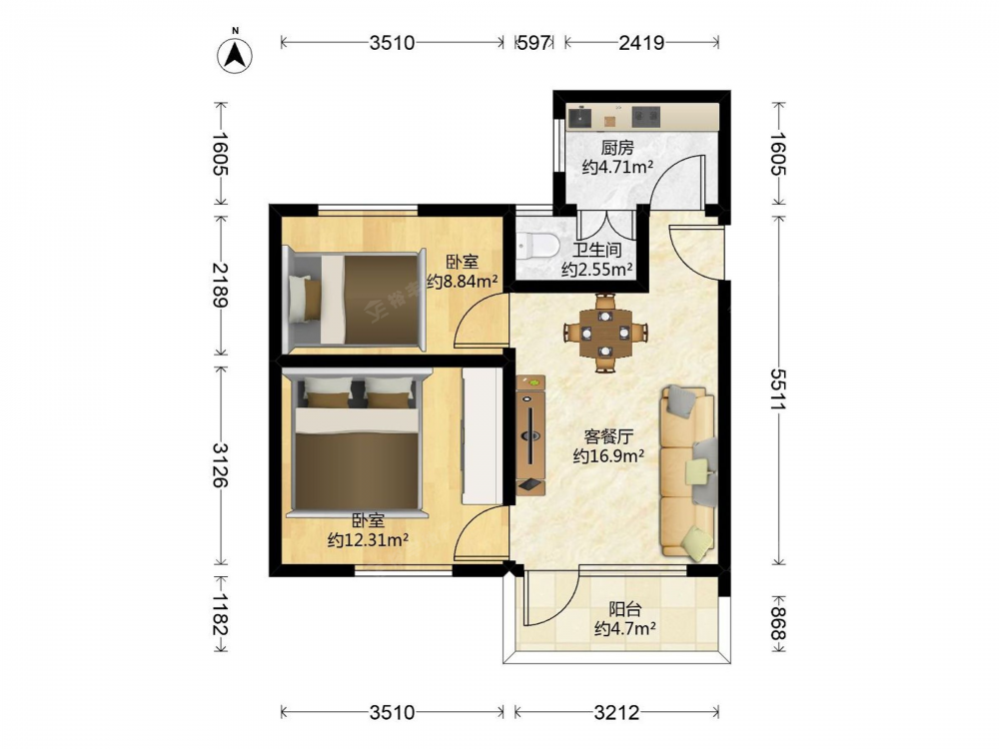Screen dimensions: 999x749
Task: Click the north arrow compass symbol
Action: pos(235,55)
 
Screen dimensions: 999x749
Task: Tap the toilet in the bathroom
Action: pos(536,246)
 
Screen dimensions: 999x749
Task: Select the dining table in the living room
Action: pos(605,333)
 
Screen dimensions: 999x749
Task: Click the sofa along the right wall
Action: pos(688,473)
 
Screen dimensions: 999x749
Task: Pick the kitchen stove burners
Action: pos(645,117)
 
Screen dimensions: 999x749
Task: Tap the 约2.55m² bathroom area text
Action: pos(597,270)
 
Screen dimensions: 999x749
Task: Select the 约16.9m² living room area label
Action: pos(608,456)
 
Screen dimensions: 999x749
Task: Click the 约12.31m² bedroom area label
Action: pos(368,540)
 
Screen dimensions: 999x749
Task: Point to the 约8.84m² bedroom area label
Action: pos(462,281)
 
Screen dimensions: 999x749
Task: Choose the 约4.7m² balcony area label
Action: pos(625,629)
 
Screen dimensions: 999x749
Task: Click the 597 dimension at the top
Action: pos(533,43)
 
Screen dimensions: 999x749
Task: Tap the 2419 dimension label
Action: pos(641,43)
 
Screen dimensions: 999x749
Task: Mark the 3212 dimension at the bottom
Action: pos(616,712)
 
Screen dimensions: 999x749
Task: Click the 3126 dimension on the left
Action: pos(221,465)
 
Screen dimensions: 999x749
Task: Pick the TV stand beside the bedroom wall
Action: pos(530,435)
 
